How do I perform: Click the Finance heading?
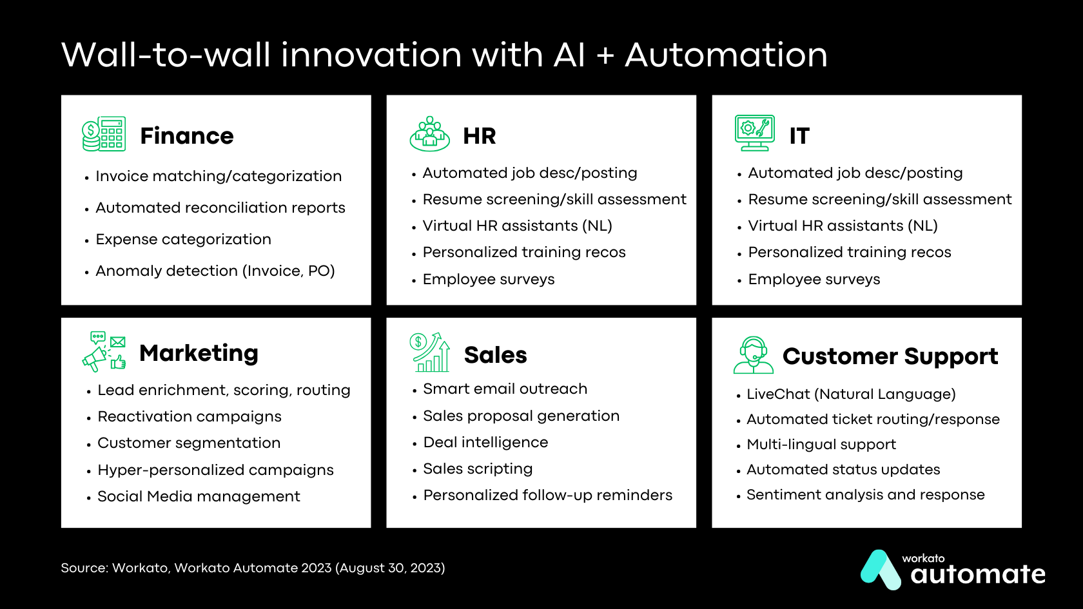(186, 136)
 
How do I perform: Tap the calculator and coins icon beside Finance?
(104, 134)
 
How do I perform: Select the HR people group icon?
(429, 134)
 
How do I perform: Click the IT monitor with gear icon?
(754, 133)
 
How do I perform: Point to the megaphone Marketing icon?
(103, 351)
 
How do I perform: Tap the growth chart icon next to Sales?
(429, 352)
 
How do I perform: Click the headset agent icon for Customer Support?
(753, 355)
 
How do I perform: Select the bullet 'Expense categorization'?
(183, 239)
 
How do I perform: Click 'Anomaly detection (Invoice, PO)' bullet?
(215, 271)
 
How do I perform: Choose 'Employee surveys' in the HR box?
(488, 279)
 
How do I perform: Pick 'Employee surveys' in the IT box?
(814, 279)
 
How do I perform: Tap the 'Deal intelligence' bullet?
(485, 442)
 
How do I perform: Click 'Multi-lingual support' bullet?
(821, 444)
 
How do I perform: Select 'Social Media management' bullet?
(199, 496)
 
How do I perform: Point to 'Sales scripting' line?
(477, 469)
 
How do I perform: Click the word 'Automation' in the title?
(726, 55)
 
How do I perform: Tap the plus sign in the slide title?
(605, 56)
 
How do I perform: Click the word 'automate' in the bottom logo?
(977, 574)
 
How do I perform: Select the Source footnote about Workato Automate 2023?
(253, 568)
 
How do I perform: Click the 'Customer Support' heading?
(890, 356)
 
